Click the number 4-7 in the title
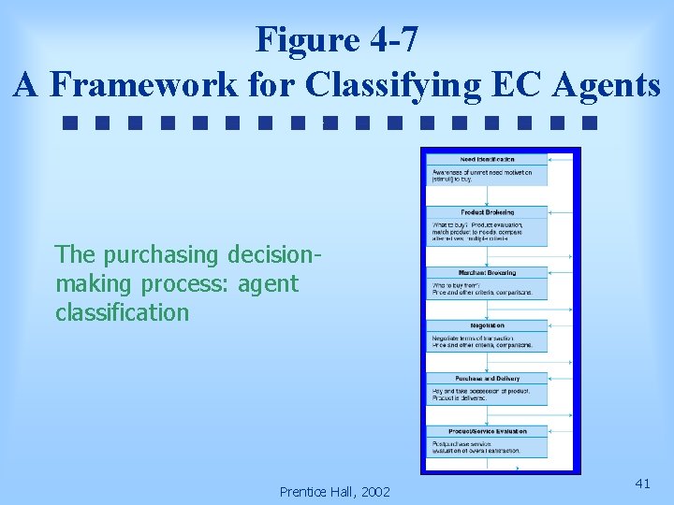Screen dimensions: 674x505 point(388,40)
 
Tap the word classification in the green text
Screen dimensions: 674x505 point(122,312)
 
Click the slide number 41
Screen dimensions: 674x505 point(642,483)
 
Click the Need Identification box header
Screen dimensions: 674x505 point(487,160)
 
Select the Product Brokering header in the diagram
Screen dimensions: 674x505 point(487,212)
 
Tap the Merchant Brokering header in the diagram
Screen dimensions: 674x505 point(487,272)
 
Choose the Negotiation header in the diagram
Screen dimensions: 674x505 point(487,325)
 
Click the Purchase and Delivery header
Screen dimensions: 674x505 point(487,378)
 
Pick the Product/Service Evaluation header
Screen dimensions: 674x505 point(487,431)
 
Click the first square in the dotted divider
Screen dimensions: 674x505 point(69,122)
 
